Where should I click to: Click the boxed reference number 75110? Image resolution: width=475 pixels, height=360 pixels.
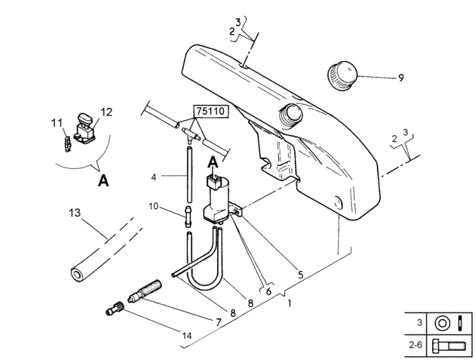(211, 111)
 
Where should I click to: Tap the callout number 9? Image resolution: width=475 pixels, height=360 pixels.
(401, 78)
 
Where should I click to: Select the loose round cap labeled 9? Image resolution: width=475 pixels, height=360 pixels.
(342, 75)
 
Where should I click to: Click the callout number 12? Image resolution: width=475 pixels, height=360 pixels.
(106, 112)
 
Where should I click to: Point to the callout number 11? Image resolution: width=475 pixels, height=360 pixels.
(57, 123)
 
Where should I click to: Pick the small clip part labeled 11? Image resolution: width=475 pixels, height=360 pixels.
(68, 144)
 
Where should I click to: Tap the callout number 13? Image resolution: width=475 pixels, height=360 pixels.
(75, 213)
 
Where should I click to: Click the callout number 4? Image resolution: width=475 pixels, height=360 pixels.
(154, 177)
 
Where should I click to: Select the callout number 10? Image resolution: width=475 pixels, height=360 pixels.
(154, 206)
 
